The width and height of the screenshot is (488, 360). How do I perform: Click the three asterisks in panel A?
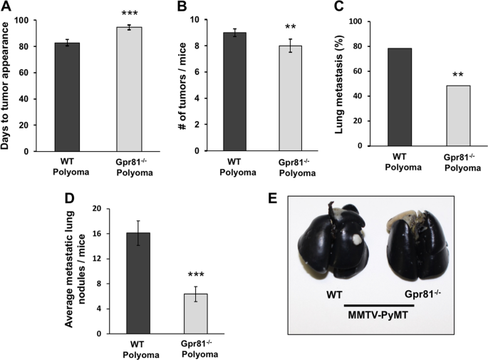coord(130,14)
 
